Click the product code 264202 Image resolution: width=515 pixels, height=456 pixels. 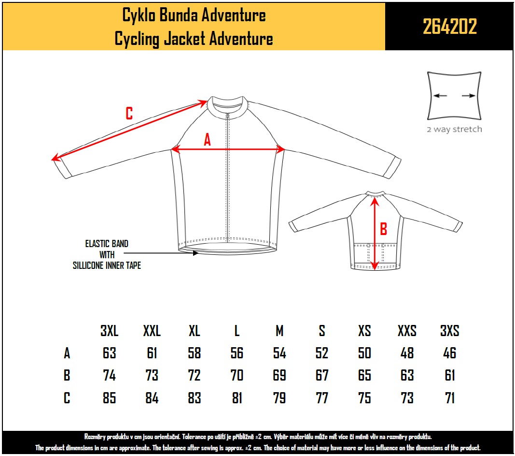[x=450, y=26]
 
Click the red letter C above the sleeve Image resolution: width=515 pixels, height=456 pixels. [x=129, y=114]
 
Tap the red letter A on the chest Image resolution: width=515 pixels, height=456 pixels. [x=207, y=140]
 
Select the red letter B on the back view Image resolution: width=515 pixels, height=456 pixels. [x=383, y=229]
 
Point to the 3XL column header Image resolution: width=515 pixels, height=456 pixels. [x=110, y=331]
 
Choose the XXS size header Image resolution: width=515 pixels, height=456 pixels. [x=407, y=331]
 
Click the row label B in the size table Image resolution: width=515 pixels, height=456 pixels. [x=67, y=375]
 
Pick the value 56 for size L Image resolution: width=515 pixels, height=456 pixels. [x=237, y=353]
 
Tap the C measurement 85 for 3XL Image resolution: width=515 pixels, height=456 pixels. [x=110, y=398]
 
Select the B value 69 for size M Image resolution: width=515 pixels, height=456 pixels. [x=279, y=375]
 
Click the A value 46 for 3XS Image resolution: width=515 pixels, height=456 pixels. [x=450, y=353]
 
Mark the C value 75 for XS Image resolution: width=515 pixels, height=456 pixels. [x=364, y=398]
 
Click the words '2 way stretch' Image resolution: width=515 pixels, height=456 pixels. [x=455, y=129]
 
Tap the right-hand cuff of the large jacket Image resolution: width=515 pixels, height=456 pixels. [x=392, y=168]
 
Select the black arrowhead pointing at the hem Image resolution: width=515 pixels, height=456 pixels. [x=195, y=253]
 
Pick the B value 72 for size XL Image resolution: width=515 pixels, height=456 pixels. [x=195, y=375]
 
